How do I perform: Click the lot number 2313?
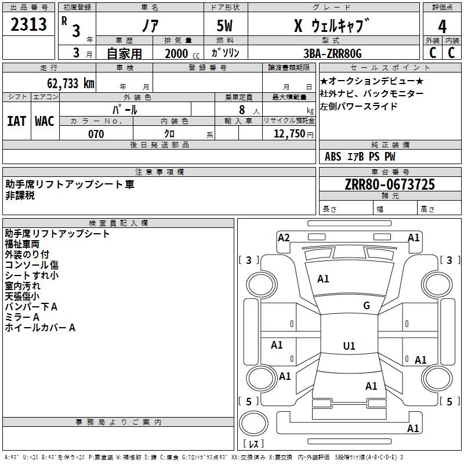(28, 24)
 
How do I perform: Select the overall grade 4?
(442, 27)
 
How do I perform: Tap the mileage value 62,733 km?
(71, 84)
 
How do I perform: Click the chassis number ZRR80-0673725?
(390, 184)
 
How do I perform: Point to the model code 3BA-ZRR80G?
(332, 53)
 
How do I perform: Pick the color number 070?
(96, 134)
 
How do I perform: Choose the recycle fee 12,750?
(289, 134)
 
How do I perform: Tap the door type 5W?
(224, 26)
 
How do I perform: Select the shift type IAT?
(16, 121)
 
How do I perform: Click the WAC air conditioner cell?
(45, 121)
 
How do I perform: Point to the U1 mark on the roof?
(349, 346)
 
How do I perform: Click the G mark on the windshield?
(367, 306)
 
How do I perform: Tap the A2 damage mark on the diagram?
(284, 238)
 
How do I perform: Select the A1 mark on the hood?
(323, 279)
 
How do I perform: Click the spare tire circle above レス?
(253, 423)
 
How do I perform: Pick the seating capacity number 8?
(242, 110)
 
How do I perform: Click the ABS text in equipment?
(333, 157)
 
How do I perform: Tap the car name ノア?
(150, 26)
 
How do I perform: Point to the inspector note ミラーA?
(22, 317)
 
